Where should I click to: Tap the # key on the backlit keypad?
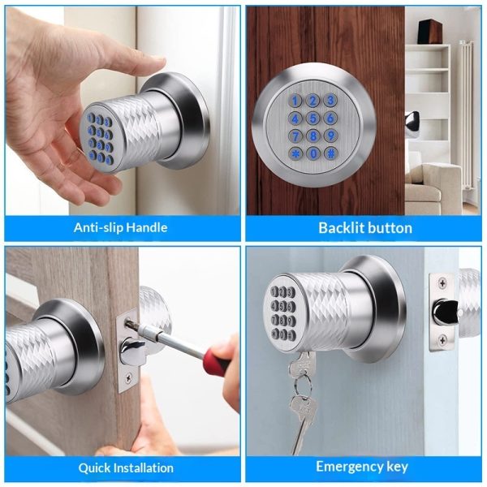pyautogui.click(x=331, y=153)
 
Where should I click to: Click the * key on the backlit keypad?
pyautogui.click(x=295, y=153)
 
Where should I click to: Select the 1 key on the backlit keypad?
pyautogui.click(x=295, y=101)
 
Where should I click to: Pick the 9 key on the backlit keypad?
pyautogui.click(x=331, y=136)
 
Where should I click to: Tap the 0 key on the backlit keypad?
pyautogui.click(x=313, y=153)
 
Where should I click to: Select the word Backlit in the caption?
pyautogui.click(x=338, y=227)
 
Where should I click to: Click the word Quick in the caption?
pyautogui.click(x=94, y=468)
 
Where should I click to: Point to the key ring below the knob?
pyautogui.click(x=303, y=386)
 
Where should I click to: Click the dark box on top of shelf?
pyautogui.click(x=429, y=32)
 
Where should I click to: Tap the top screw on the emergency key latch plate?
pyautogui.click(x=442, y=283)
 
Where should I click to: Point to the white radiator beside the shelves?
pyautogui.click(x=468, y=115)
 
